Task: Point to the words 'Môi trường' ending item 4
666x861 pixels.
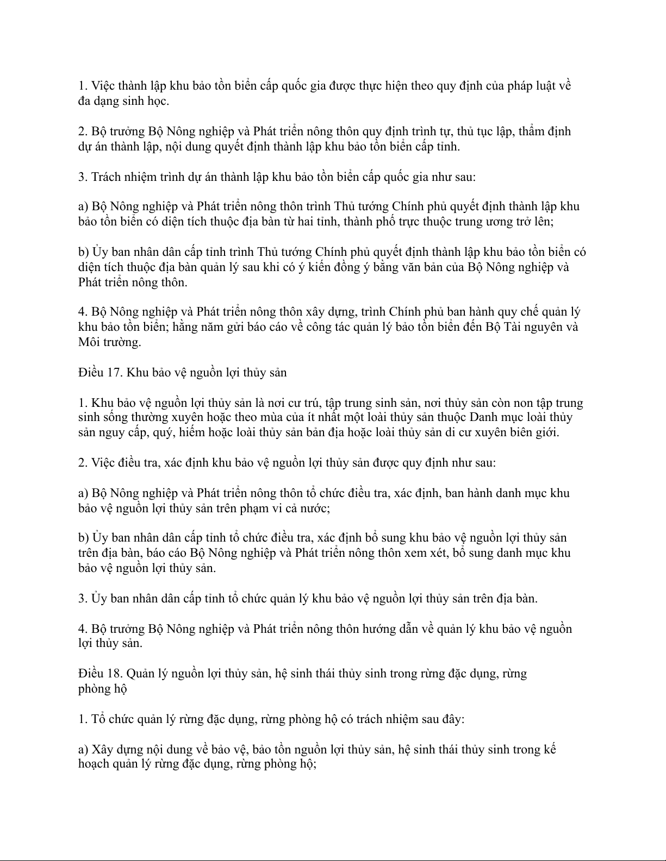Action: point(109,342)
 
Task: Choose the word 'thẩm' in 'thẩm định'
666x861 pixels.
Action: point(531,131)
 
